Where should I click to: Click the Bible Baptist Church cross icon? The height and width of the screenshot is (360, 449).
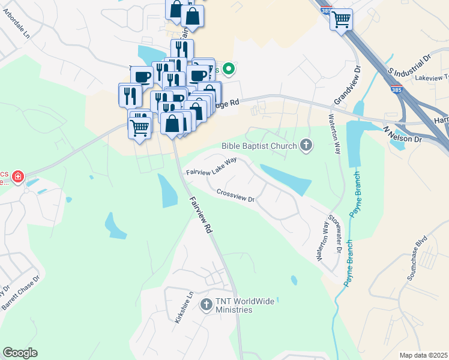306,145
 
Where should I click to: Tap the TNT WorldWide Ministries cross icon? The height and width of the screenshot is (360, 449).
206,305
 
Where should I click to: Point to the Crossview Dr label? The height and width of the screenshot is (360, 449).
236,196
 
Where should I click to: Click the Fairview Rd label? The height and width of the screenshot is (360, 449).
201,216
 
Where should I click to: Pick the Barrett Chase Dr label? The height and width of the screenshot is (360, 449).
20,293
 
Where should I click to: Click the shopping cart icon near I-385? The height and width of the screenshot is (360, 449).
341,19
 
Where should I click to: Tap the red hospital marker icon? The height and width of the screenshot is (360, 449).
19,176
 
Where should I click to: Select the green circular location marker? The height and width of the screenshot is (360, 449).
228,70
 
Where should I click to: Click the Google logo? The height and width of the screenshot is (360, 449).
20,353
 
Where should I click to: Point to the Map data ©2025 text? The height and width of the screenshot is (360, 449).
423,355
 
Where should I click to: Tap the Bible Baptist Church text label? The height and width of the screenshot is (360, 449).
259,145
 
